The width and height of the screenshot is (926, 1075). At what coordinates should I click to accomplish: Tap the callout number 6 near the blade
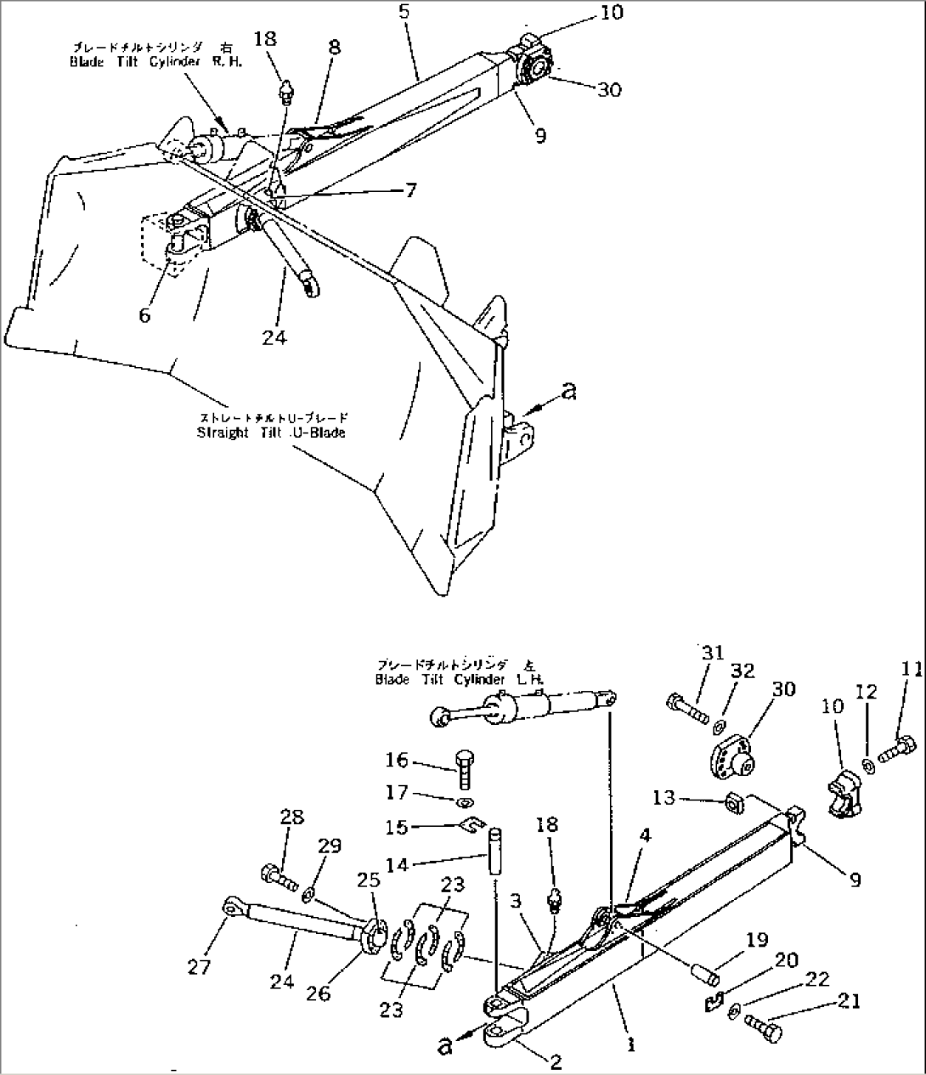coord(145,315)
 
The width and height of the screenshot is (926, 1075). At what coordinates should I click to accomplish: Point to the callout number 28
coord(291,818)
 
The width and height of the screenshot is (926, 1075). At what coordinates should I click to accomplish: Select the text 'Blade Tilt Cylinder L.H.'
coord(460,679)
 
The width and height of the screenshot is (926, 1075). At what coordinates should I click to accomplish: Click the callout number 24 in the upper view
coord(274,337)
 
